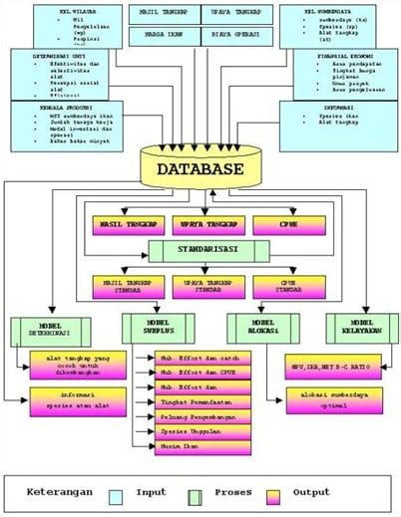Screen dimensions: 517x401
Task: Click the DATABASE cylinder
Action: pyautogui.click(x=200, y=169)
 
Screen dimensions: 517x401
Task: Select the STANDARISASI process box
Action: pyautogui.click(x=200, y=250)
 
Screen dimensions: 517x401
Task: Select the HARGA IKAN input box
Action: pyautogui.click(x=160, y=38)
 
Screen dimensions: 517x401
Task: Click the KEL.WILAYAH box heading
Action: pyautogui.click(x=73, y=12)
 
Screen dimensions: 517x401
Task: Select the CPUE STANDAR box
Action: pyautogui.click(x=278, y=288)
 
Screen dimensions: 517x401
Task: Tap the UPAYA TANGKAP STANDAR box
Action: pyautogui.click(x=200, y=288)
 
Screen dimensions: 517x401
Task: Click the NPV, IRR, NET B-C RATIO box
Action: pyautogui.click(x=329, y=367)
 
